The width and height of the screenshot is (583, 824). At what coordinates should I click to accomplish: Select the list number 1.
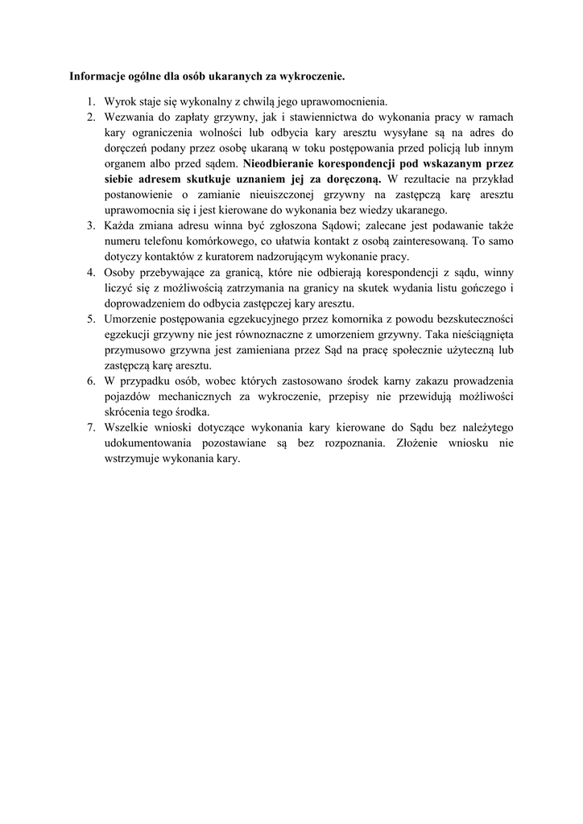pos(90,101)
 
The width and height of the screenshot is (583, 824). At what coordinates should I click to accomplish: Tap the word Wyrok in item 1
pos(119,101)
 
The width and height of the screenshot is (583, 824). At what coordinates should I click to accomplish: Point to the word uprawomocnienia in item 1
pos(341,101)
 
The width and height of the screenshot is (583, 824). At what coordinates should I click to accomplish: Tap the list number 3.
pos(90,225)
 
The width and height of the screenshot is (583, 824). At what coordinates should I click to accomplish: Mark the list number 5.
pos(90,319)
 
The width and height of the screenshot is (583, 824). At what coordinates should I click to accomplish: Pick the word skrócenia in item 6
pos(128,412)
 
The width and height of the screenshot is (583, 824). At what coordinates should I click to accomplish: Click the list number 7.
pos(90,427)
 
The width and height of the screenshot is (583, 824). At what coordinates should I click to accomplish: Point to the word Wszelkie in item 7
pos(126,427)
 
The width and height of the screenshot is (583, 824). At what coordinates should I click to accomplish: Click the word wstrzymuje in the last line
pos(132,459)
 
